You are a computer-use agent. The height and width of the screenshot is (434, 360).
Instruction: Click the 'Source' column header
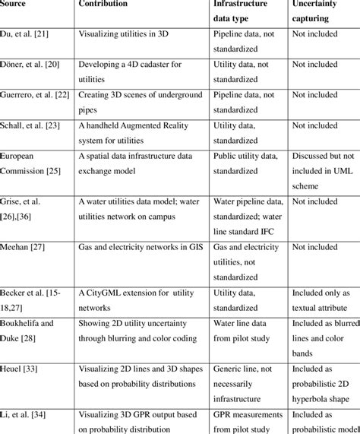pos(14,4)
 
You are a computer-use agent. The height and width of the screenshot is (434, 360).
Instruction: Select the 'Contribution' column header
pos(103,4)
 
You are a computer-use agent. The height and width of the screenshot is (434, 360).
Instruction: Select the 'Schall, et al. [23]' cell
pos(31,125)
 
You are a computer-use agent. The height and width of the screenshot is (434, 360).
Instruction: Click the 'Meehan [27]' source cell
pos(24,247)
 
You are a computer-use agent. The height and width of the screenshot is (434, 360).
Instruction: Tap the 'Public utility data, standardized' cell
pos(247,162)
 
